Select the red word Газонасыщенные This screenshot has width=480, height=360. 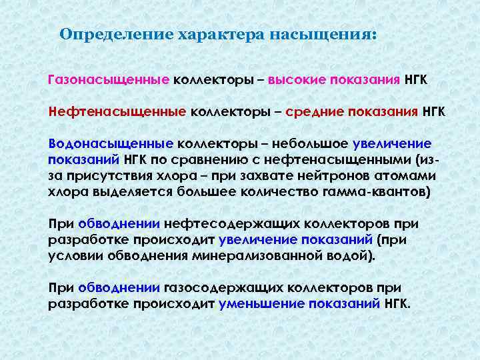(x=109, y=80)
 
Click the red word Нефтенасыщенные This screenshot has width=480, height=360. (x=117, y=111)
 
